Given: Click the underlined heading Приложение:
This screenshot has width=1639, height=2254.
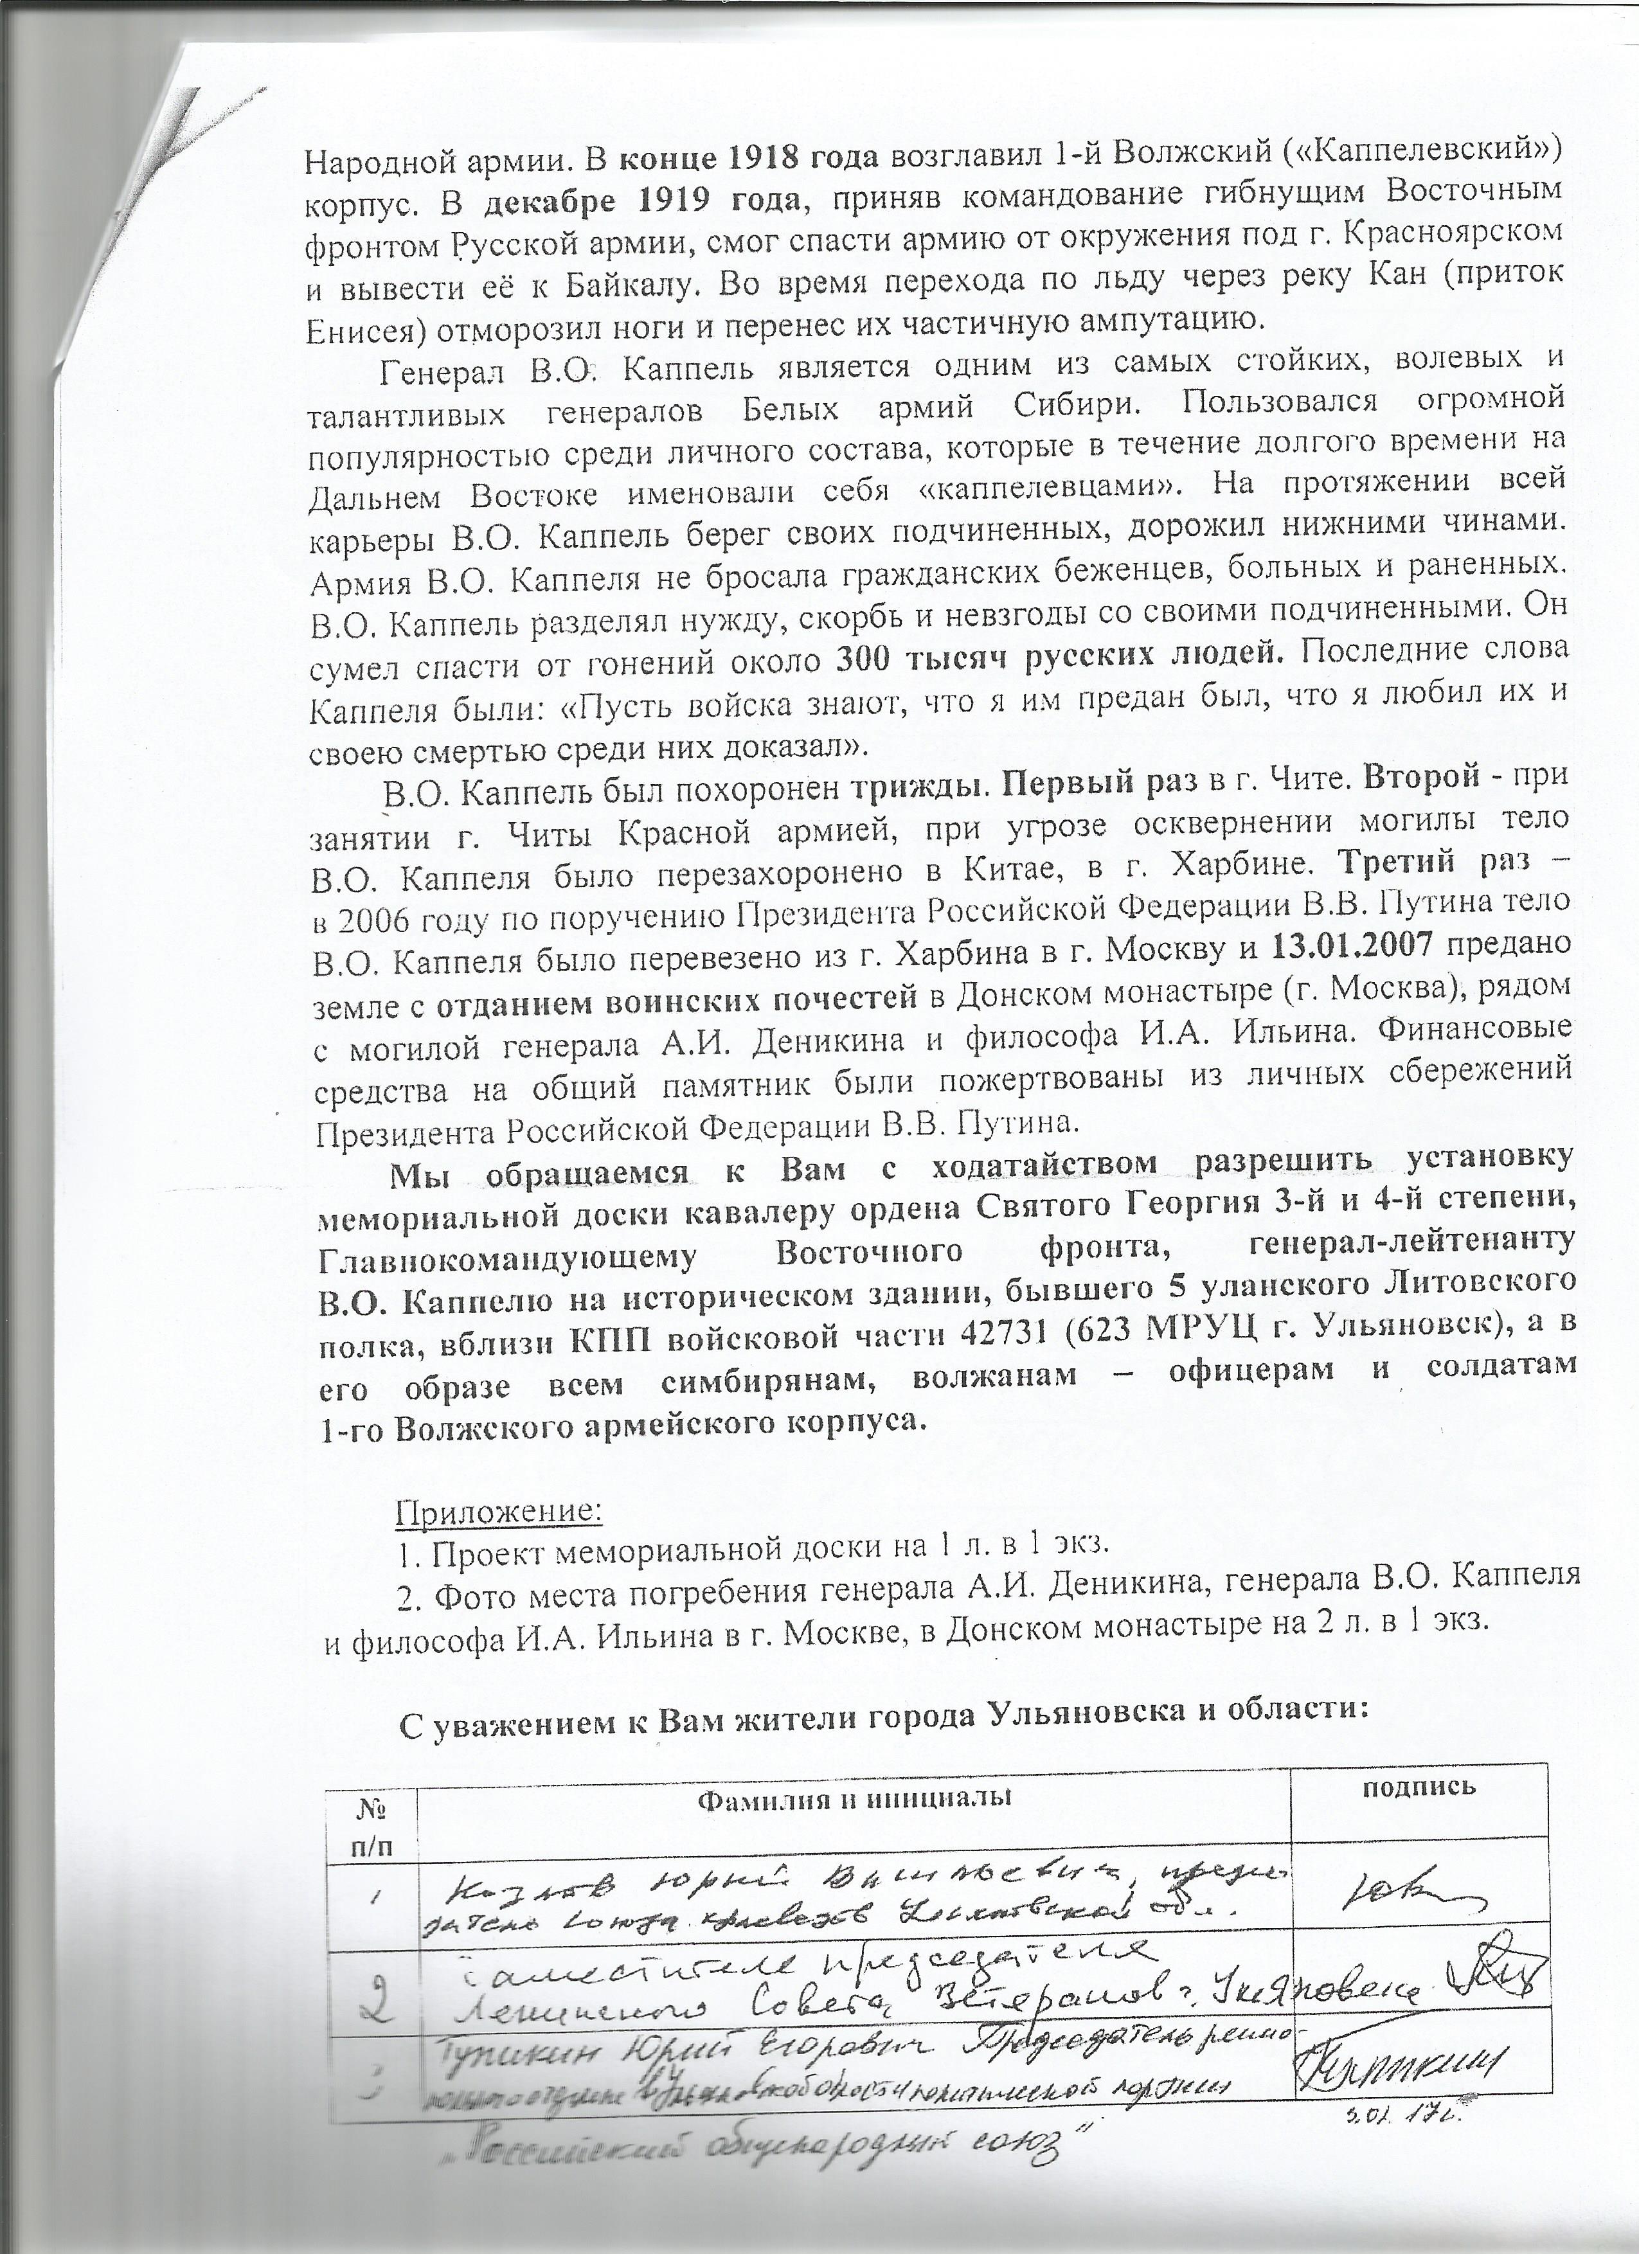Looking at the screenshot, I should [499, 1539].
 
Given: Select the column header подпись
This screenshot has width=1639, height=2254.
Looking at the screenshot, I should [1417, 1786].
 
